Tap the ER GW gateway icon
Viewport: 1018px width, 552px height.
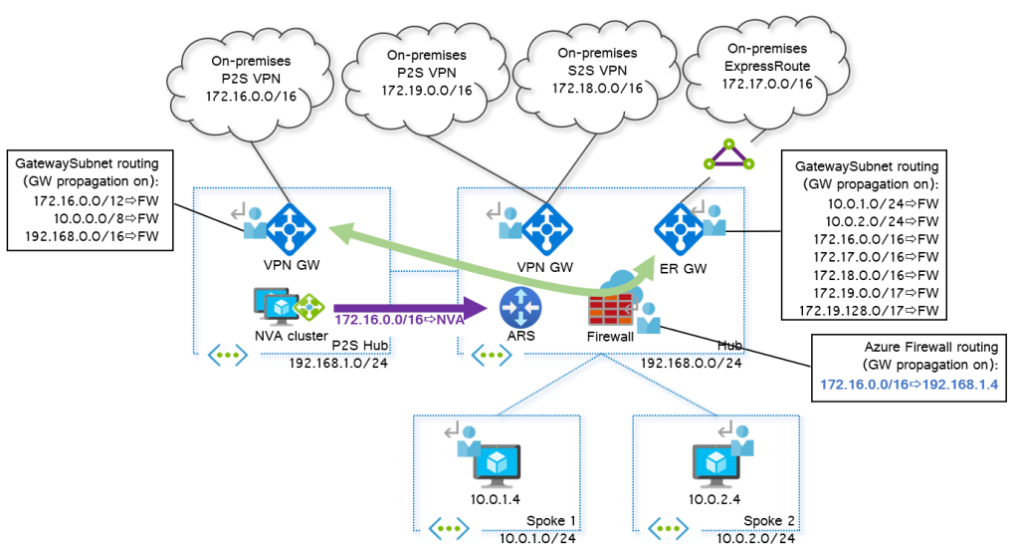click(x=680, y=228)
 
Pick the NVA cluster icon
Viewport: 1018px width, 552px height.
click(x=288, y=306)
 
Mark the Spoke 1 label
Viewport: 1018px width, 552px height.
click(x=550, y=522)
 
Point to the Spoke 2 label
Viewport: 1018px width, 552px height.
click(x=769, y=522)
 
